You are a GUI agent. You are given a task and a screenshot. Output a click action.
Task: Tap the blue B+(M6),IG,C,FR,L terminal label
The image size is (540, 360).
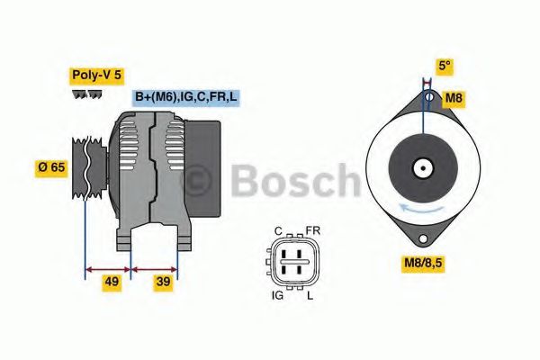pos(187,97)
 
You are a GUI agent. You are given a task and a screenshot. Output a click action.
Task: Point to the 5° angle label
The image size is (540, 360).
pos(444,66)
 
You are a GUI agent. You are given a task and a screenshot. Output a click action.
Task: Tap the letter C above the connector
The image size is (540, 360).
pos(278,230)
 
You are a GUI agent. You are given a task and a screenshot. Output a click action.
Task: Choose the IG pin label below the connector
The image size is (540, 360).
pos(278,294)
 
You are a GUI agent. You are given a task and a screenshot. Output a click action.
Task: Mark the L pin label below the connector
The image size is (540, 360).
pos(311,294)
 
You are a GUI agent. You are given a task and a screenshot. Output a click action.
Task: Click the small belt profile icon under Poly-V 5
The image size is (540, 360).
pos(86,94)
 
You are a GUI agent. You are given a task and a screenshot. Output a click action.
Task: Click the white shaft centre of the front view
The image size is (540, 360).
pos(422,167)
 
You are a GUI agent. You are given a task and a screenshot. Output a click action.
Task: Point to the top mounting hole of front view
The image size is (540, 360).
pos(430,96)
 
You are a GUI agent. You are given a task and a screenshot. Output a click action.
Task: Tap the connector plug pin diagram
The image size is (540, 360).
pos(294,262)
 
